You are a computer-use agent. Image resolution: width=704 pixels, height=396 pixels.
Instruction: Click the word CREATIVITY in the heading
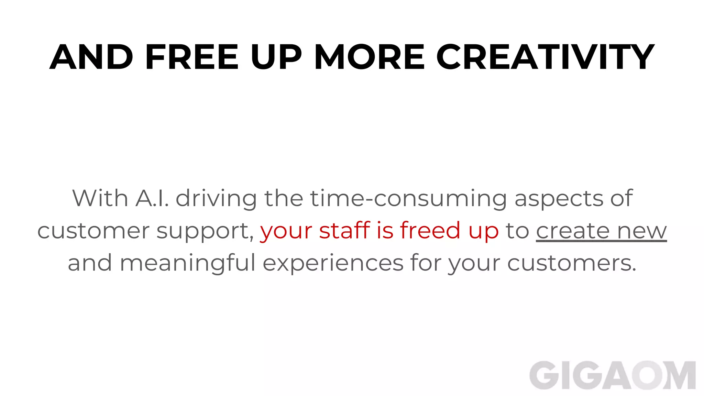pyautogui.click(x=545, y=57)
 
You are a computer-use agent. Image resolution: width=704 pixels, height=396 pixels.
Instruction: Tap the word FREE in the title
pyautogui.click(x=192, y=57)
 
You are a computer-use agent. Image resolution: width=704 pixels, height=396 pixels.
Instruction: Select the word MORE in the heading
pyautogui.click(x=370, y=57)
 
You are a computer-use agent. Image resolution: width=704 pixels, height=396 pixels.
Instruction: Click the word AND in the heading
pyautogui.click(x=91, y=57)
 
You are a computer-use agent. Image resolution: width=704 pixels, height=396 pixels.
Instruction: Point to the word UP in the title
pyautogui.click(x=276, y=57)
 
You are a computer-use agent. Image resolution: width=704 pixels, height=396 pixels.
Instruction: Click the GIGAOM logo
pyautogui.click(x=612, y=375)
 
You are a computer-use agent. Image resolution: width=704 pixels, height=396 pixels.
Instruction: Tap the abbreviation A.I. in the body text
pyautogui.click(x=152, y=198)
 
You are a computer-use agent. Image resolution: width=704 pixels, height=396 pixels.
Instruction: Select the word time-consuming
pyautogui.click(x=408, y=199)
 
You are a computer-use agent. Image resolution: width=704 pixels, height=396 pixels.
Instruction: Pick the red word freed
pyautogui.click(x=430, y=230)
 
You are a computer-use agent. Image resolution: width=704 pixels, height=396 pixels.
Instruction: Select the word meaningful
pyautogui.click(x=187, y=263)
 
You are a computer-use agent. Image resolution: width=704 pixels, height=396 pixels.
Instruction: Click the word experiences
pyautogui.click(x=333, y=263)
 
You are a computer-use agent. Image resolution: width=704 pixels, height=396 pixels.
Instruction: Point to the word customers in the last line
pyautogui.click(x=572, y=263)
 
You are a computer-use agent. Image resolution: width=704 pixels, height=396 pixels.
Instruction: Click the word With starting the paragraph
pyautogui.click(x=100, y=198)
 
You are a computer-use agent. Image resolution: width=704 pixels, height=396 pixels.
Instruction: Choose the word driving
pyautogui.click(x=216, y=199)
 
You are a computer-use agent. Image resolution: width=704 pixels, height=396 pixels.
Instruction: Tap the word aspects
pyautogui.click(x=559, y=199)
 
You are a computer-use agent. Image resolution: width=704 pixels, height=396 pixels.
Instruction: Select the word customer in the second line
pyautogui.click(x=93, y=231)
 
